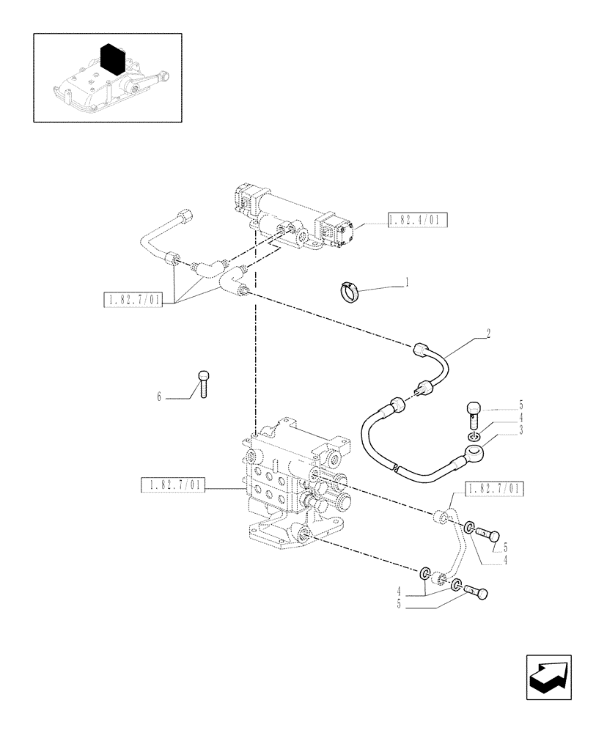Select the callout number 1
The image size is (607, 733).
click(407, 280)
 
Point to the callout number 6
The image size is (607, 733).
click(158, 397)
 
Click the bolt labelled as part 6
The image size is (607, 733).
click(204, 383)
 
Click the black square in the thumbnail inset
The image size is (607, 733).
click(111, 59)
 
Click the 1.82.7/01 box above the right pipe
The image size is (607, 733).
click(495, 488)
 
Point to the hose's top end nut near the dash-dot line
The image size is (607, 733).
click(422, 350)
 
